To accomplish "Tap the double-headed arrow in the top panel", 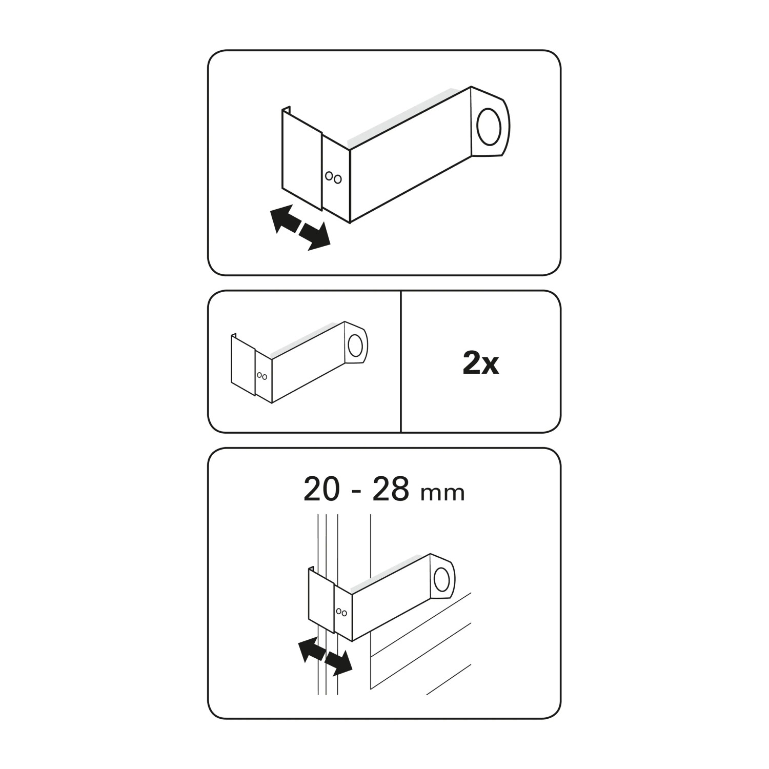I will [x=300, y=228].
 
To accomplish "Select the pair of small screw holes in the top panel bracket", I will [x=333, y=177].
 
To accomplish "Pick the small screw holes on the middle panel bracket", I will [x=262, y=376].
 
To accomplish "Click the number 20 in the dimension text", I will [x=321, y=490].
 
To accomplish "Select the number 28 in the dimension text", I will [x=391, y=490].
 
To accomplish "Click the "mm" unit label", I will [x=442, y=494].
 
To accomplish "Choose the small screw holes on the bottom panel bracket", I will [x=342, y=612].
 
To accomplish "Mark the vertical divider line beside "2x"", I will [x=400, y=362].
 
